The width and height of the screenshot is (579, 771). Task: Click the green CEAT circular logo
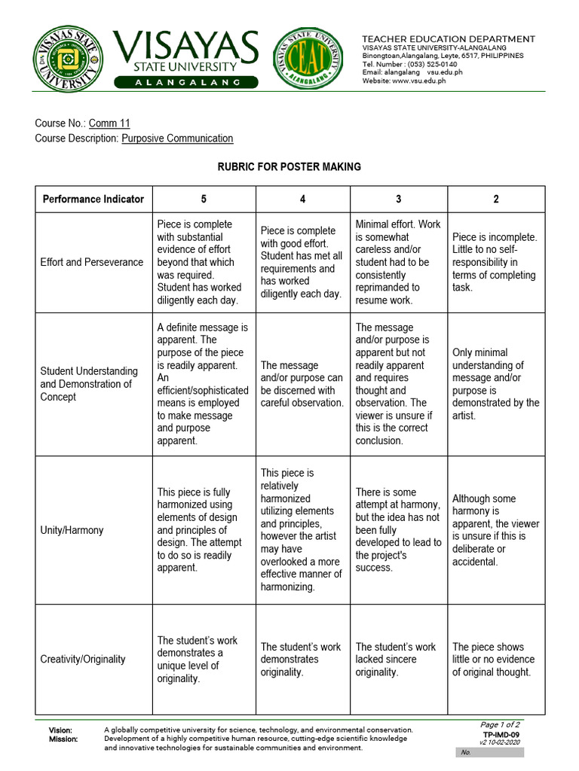(x=302, y=59)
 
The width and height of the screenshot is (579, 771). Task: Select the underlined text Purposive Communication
(x=177, y=139)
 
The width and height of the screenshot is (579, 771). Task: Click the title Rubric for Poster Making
(x=289, y=167)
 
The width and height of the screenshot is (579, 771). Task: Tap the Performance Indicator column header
(x=93, y=200)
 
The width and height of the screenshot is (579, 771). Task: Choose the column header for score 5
(x=204, y=200)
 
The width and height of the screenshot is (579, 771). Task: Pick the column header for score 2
(x=495, y=200)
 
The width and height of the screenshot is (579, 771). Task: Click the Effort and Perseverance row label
(x=92, y=262)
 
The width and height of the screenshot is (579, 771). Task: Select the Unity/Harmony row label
(x=72, y=530)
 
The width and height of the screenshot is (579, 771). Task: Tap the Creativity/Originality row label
(x=83, y=660)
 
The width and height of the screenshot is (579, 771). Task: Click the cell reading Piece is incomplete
(x=495, y=262)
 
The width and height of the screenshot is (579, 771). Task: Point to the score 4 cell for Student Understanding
(x=302, y=384)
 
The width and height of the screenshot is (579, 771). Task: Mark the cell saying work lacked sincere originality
(x=397, y=660)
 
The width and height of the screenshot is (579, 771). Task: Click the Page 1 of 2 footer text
(x=500, y=724)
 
